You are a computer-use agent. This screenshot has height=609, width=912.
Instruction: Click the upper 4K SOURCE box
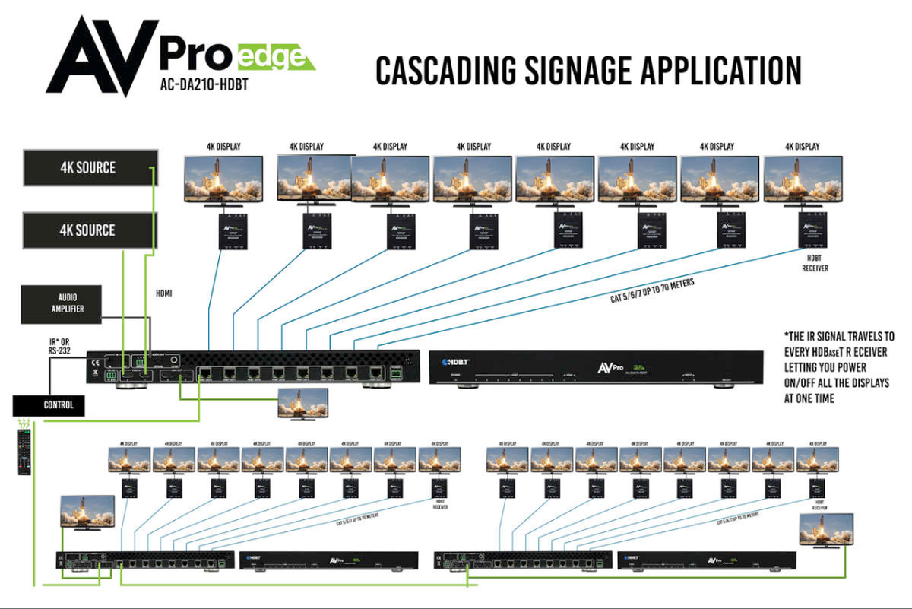pyautogui.click(x=90, y=168)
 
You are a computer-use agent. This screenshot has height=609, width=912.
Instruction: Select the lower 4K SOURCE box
pyautogui.click(x=90, y=230)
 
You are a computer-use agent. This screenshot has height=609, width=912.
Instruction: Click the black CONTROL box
pyautogui.click(x=49, y=405)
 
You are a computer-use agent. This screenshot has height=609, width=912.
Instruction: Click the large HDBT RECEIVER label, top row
pyautogui.click(x=815, y=264)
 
